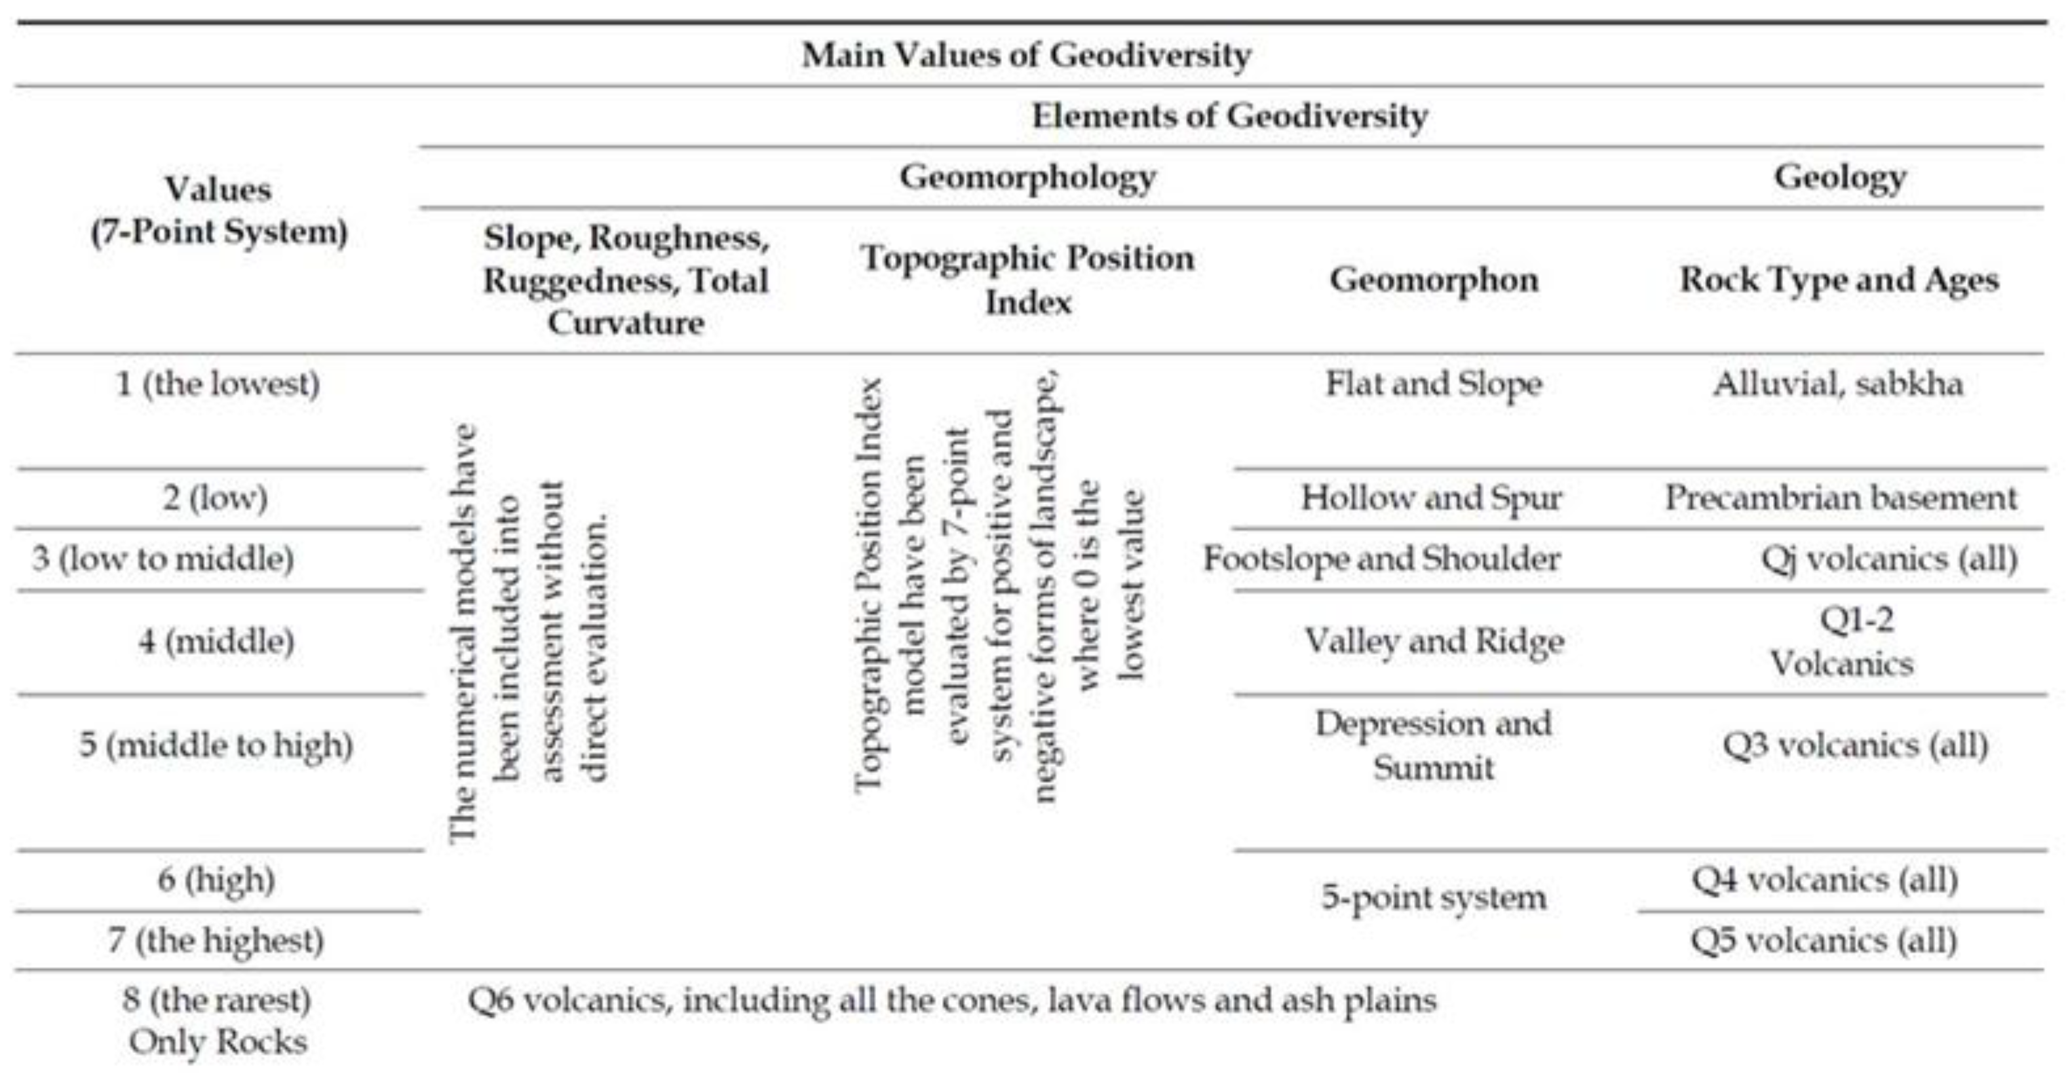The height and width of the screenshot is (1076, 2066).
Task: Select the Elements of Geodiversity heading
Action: pyautogui.click(x=1229, y=117)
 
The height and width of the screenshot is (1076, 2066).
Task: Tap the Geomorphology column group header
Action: pyautogui.click(x=1027, y=177)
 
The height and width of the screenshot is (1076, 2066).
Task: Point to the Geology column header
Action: pyautogui.click(x=1839, y=177)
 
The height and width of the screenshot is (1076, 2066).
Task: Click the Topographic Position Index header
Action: pyautogui.click(x=1027, y=280)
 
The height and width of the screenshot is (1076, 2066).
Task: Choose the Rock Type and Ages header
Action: pyautogui.click(x=1839, y=280)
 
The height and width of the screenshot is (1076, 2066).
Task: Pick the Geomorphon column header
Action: pyautogui.click(x=1433, y=280)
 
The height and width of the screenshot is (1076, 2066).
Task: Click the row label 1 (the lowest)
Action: pyautogui.click(x=218, y=383)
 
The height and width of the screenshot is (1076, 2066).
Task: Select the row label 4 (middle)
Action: pyautogui.click(x=216, y=641)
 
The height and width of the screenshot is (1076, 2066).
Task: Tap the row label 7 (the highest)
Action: pyautogui.click(x=216, y=940)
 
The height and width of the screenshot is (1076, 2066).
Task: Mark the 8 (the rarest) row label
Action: pyautogui.click(x=216, y=1001)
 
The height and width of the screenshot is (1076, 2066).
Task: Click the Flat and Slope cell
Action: pyautogui.click(x=1433, y=383)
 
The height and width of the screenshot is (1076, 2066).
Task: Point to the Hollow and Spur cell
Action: pyautogui.click(x=1432, y=498)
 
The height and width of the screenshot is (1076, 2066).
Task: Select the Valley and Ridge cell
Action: pyautogui.click(x=1433, y=641)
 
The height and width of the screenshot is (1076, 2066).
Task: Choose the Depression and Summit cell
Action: pyautogui.click(x=1433, y=746)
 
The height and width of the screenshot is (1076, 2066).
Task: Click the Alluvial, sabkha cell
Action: pyautogui.click(x=1837, y=383)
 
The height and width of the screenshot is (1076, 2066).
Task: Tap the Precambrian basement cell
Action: pyautogui.click(x=1841, y=498)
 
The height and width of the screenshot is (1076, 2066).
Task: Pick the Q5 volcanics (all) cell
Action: pyautogui.click(x=1824, y=940)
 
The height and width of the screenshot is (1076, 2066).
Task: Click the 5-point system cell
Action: pyautogui.click(x=1433, y=897)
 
